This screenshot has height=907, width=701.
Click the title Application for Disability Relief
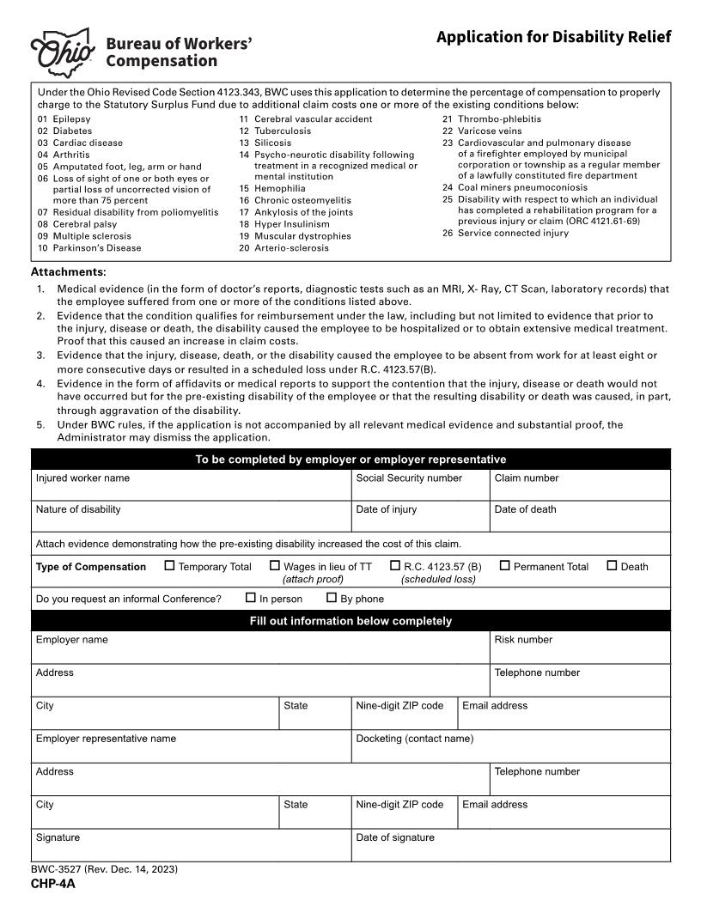(x=553, y=37)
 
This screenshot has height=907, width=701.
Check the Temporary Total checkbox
(x=169, y=566)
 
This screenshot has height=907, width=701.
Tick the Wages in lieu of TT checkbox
(x=275, y=566)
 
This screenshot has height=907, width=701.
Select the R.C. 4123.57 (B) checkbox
(x=395, y=566)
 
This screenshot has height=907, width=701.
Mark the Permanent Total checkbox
(x=505, y=566)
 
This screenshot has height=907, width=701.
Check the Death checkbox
(x=612, y=566)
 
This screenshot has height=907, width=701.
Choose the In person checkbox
(x=251, y=598)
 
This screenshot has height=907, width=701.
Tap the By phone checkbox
(x=332, y=598)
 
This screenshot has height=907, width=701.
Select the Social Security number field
(x=420, y=490)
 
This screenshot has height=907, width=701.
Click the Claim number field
(x=580, y=490)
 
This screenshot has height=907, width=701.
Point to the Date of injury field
(x=420, y=521)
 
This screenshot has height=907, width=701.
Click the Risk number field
(x=580, y=652)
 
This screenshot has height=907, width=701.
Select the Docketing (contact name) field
(x=510, y=751)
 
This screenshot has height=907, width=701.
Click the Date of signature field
(x=510, y=849)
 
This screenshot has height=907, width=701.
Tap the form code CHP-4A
(x=53, y=884)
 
